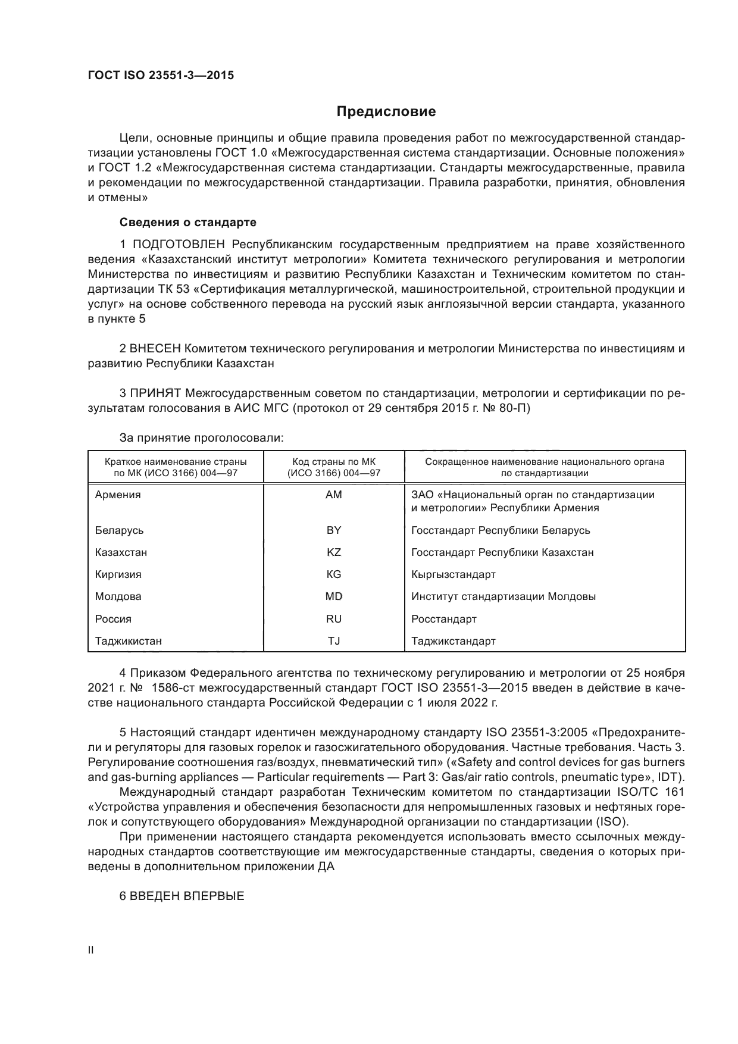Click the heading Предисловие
pyautogui.click(x=386, y=111)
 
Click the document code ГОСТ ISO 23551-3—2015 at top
pyautogui.click(x=161, y=76)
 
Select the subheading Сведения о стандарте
pyautogui.click(x=188, y=222)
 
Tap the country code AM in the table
pyautogui.click(x=334, y=495)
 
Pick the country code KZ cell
pyautogui.click(x=334, y=552)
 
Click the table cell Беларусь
pyautogui.click(x=119, y=530)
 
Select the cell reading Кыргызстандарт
pyautogui.click(x=454, y=574)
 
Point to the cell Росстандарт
pyautogui.click(x=444, y=619)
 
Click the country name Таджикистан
pyautogui.click(x=129, y=641)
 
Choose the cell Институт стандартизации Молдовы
pyautogui.click(x=504, y=596)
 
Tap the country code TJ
pyautogui.click(x=334, y=641)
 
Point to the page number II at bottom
pyautogui.click(x=91, y=950)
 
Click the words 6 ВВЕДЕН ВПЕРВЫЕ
pyautogui.click(x=182, y=896)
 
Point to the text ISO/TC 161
pyautogui.click(x=651, y=792)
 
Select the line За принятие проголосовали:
pyautogui.click(x=202, y=438)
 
